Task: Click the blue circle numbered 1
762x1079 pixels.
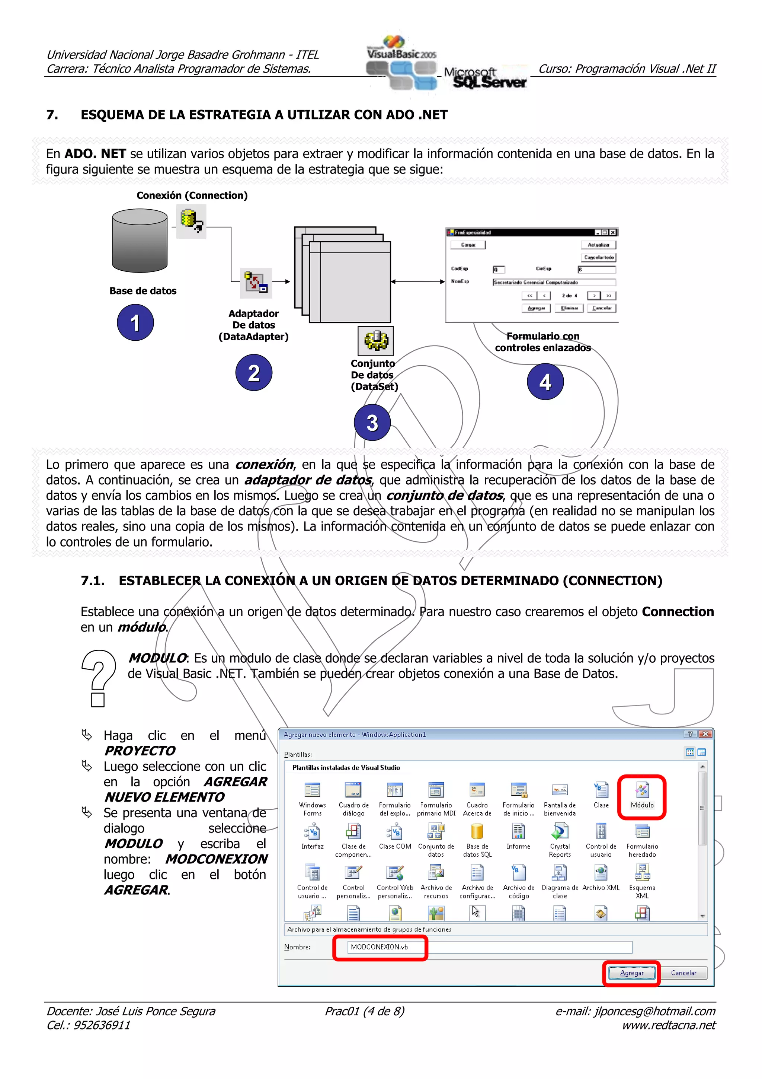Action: point(135,322)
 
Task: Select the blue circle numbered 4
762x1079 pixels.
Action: point(545,382)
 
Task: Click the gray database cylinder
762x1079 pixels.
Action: point(140,241)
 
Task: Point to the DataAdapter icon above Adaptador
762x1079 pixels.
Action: point(256,283)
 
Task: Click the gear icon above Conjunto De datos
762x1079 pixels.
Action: point(375,341)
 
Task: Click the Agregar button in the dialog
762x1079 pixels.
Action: point(631,973)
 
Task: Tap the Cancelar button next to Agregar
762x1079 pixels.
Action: point(683,973)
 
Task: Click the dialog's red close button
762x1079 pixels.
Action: point(705,734)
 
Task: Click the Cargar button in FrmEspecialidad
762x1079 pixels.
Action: point(468,245)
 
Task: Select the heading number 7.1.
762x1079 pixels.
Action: point(93,581)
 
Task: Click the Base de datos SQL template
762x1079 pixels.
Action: point(477,833)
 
